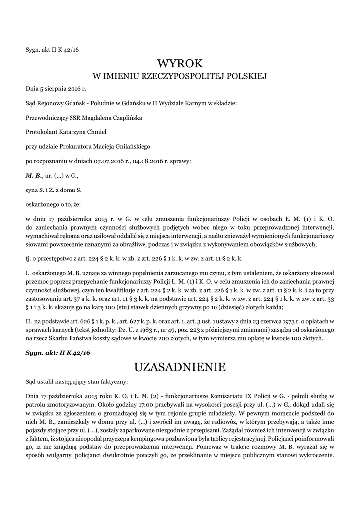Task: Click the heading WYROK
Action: click(x=180, y=63)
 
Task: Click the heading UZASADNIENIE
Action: click(x=180, y=367)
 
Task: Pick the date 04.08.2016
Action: click(x=148, y=161)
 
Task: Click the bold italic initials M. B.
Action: click(x=34, y=175)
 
